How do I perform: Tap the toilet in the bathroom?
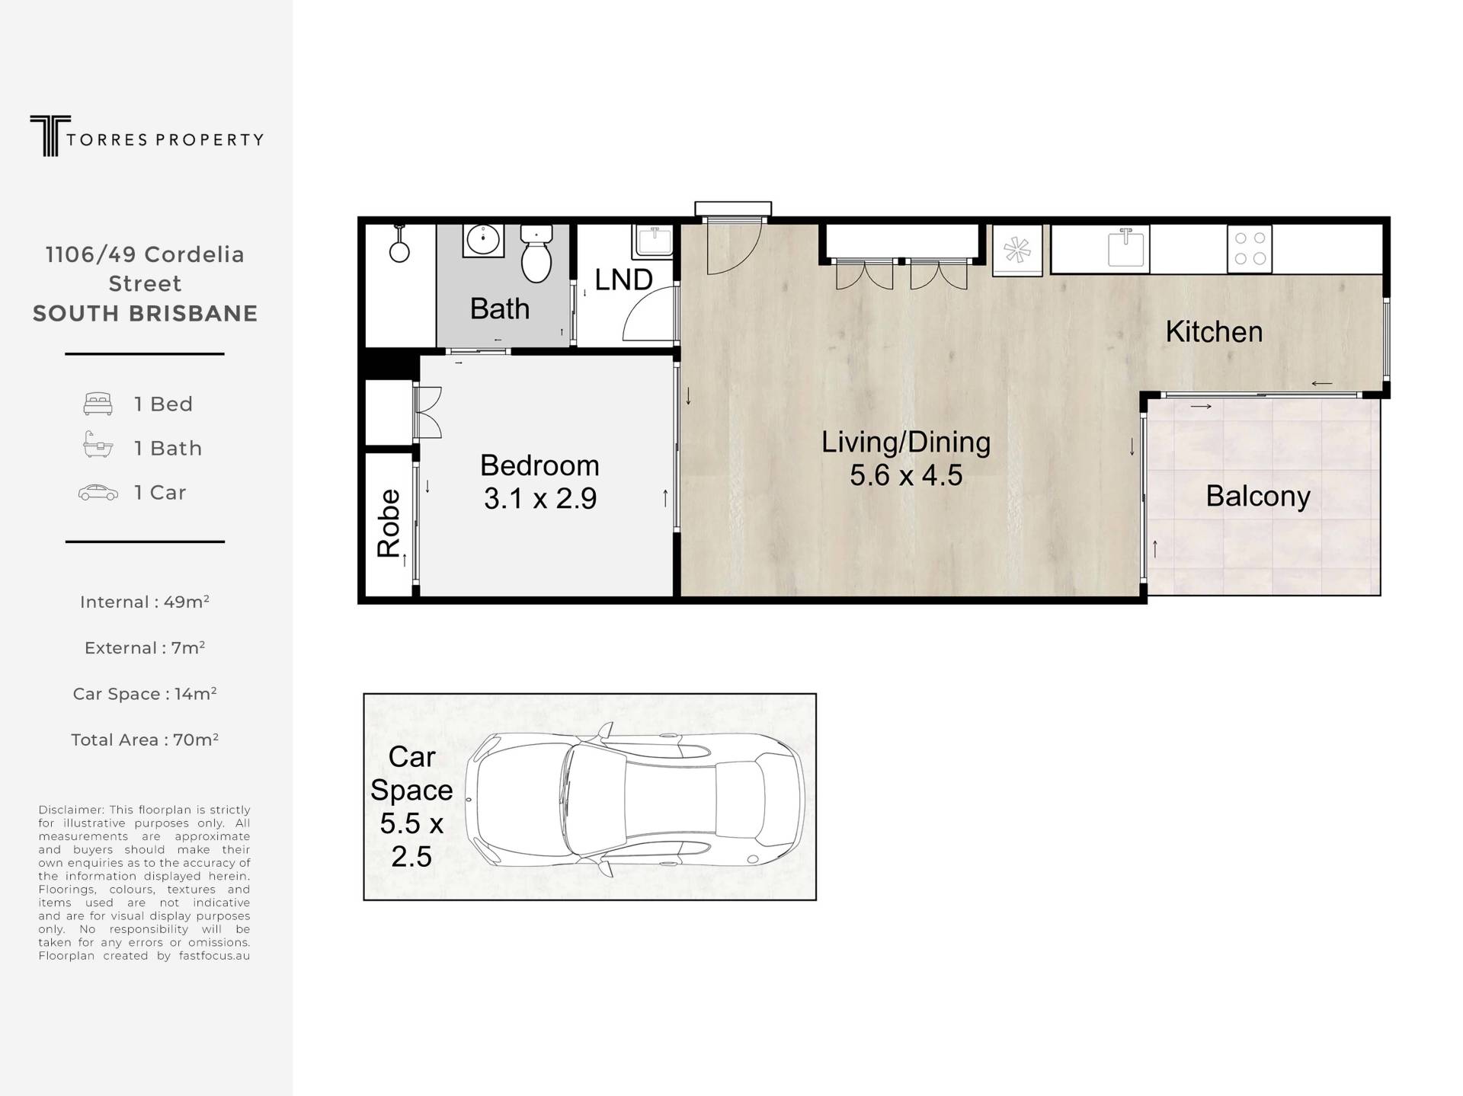tap(536, 254)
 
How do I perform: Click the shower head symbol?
tap(399, 244)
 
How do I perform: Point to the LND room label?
tap(623, 280)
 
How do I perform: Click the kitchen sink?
tap(1127, 247)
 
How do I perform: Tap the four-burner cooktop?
tap(1250, 248)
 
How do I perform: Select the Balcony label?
tap(1258, 496)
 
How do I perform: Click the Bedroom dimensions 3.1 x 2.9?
tap(540, 499)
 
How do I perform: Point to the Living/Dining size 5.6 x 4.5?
tap(906, 475)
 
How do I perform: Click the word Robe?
tap(389, 523)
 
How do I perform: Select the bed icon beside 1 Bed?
tap(98, 404)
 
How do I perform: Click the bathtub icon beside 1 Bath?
tap(98, 445)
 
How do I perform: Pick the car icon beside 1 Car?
tap(98, 493)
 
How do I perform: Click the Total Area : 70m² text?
tap(145, 740)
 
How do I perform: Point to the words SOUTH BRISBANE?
tap(145, 314)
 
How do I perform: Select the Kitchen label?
tap(1214, 332)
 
